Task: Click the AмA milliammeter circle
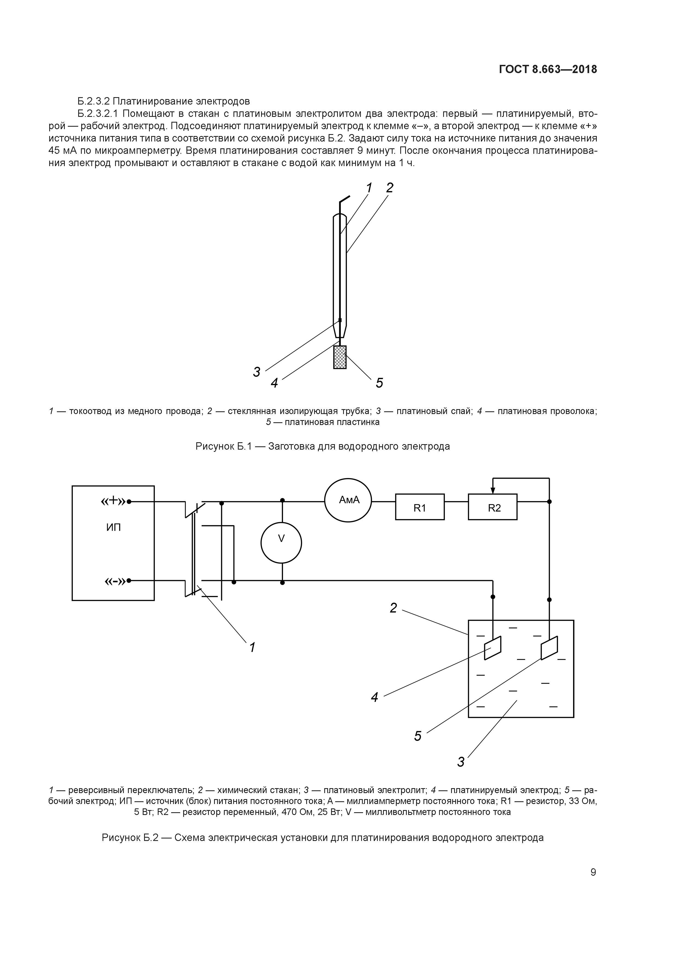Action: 348,500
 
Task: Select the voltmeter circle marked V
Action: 281,543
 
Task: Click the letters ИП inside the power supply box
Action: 113,528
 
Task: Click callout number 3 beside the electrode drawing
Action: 256,372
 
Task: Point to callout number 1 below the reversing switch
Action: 252,648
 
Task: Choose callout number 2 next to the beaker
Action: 393,608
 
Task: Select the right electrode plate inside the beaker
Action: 549,648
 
